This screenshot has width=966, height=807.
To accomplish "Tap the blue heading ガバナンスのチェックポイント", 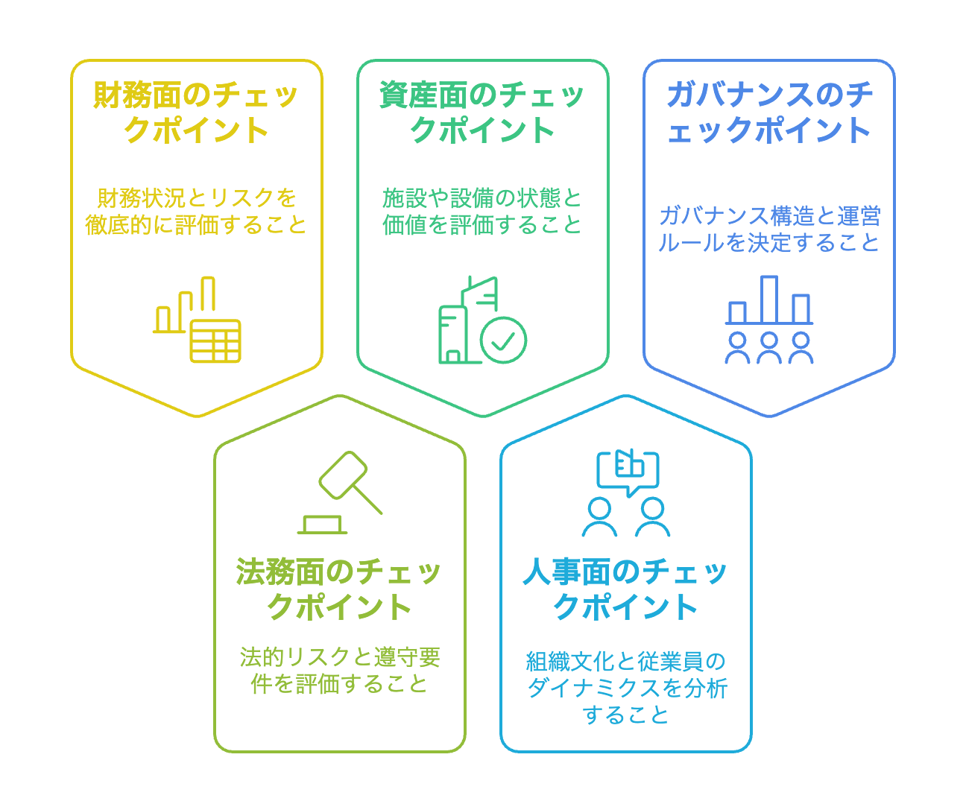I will click(768, 113).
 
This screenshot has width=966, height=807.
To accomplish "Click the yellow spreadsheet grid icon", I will click(215, 341).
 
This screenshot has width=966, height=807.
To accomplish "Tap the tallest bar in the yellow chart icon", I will click(208, 294).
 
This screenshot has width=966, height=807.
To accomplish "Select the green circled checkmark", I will click(503, 340).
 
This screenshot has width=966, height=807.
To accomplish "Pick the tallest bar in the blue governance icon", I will click(769, 299).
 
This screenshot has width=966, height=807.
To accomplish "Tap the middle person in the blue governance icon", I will click(769, 348).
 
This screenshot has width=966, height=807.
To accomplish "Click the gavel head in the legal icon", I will click(343, 475).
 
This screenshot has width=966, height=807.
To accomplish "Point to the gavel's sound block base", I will click(323, 525).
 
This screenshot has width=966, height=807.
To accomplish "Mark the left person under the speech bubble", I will click(599, 518).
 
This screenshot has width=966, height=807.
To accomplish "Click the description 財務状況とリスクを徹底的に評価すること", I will click(196, 211).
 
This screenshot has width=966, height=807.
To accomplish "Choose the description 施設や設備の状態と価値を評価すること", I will click(482, 211).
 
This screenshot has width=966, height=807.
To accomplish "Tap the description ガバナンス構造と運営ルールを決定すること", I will click(768, 229).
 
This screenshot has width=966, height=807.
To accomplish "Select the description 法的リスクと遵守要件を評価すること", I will click(339, 670).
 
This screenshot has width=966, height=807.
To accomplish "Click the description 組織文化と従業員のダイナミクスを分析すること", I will click(625, 688).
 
